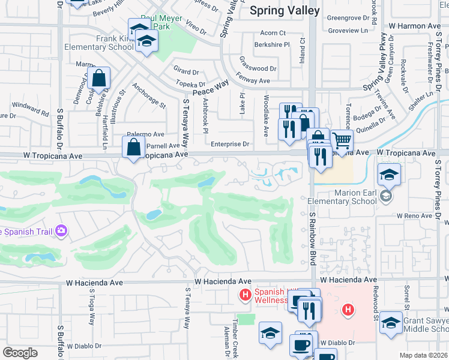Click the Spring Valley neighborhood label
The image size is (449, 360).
point(279,10)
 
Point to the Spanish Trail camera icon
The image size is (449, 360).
point(61,230)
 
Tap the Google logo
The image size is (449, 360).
point(20,353)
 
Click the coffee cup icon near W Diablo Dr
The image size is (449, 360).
point(301,345)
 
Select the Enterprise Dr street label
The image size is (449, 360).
point(229,144)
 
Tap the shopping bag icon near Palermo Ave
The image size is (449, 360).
point(133,146)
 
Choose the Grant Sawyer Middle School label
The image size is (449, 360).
point(426,325)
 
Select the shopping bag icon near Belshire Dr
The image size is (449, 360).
point(98,77)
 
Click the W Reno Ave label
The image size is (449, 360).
point(414,215)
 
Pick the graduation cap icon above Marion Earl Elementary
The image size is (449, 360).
point(389,174)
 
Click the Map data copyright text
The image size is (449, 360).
point(424,355)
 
